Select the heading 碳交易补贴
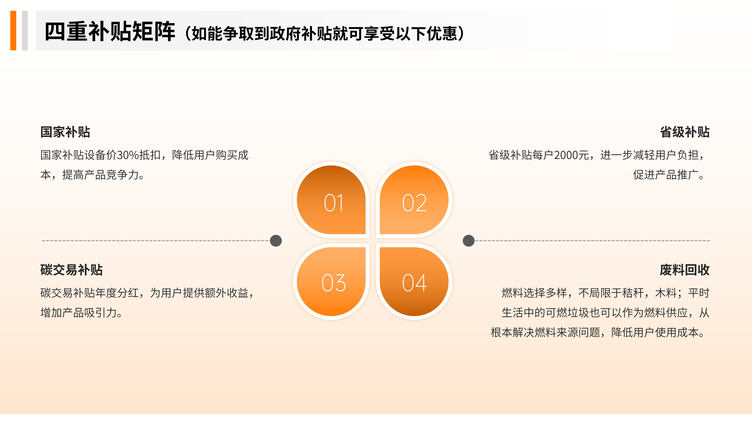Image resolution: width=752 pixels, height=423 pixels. pos(71,270)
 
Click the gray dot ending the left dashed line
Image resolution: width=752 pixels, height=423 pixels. pos(276,241)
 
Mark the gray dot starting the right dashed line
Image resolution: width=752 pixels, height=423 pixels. pos(469,241)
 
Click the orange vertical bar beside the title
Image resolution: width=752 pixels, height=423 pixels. pos(13,31)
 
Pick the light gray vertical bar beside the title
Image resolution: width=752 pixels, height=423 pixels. pos(25,31)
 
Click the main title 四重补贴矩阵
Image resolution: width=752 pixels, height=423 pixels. pos(110,32)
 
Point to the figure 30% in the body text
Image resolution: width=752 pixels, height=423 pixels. pos(128,155)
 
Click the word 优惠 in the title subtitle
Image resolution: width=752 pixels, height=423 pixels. pos(442,34)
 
